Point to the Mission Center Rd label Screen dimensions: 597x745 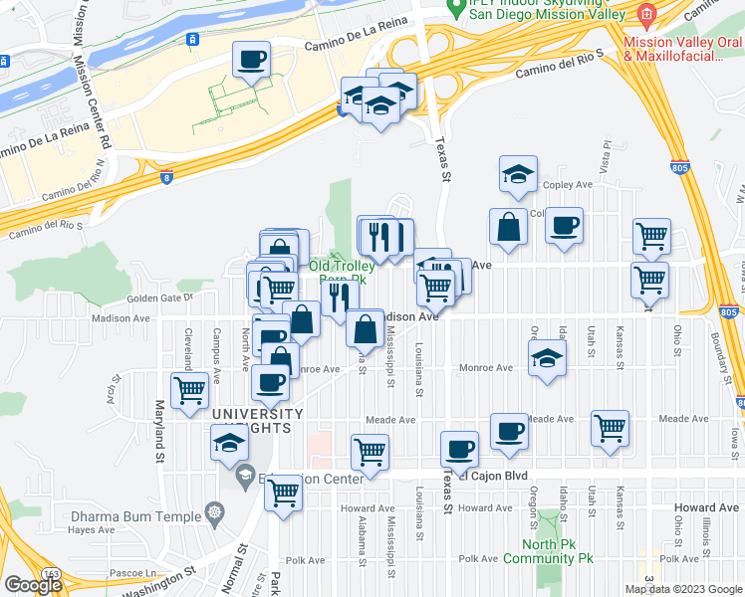[81, 99]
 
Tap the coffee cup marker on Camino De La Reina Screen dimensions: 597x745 [252, 60]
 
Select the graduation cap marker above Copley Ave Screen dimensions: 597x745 [518, 174]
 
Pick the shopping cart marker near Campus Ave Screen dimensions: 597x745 [189, 389]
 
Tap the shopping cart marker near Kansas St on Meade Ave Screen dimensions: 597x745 [610, 428]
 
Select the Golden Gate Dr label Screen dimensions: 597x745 [158, 298]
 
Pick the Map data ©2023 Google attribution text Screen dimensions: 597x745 [683, 589]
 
